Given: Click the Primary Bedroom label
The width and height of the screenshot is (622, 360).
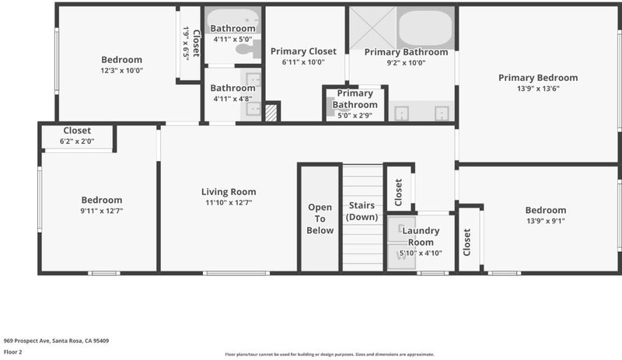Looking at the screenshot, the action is [x=538, y=78].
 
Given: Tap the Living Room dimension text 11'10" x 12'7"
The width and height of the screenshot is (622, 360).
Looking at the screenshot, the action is [x=229, y=202].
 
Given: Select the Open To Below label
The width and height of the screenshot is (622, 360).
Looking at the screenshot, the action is [x=320, y=218].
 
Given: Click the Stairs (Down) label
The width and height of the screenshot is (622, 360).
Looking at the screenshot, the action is [x=362, y=211].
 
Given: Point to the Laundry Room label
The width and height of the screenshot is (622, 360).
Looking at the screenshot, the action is [x=421, y=236].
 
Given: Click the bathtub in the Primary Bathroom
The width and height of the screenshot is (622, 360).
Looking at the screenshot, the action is [x=425, y=29].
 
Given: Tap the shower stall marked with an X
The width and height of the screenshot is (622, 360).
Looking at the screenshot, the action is [x=372, y=28].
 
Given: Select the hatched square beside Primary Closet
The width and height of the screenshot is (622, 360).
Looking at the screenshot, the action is [x=271, y=112].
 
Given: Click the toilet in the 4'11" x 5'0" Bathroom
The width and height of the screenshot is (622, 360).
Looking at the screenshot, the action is [x=248, y=49].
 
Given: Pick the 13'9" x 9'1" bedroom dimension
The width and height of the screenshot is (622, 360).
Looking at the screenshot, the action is [x=546, y=221].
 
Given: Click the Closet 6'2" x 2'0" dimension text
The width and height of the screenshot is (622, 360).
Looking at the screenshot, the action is [x=77, y=142].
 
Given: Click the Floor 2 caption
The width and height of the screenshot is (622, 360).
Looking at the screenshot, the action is [x=12, y=351].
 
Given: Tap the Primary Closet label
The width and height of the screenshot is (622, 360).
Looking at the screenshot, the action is [x=303, y=51].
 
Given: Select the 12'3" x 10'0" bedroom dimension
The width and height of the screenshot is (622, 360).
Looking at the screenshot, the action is [x=122, y=71].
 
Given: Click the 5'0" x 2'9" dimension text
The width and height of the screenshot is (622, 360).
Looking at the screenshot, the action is [x=355, y=116].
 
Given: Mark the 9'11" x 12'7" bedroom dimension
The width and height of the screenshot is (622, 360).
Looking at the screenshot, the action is [x=102, y=211].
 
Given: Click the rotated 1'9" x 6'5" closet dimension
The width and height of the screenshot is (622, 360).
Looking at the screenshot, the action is [x=186, y=44].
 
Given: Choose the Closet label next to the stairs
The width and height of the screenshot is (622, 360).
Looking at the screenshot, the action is [x=399, y=193].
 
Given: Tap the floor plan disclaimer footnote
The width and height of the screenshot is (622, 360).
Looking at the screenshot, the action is [x=330, y=355].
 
